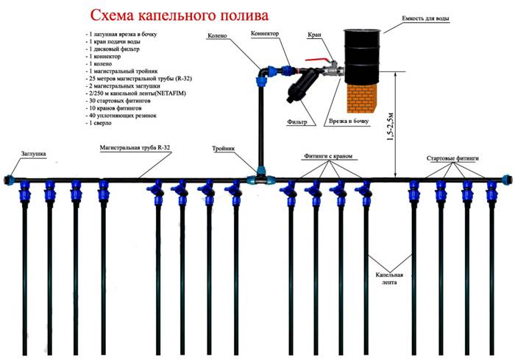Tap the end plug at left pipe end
coord(9,179)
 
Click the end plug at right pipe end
coord(505,179)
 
